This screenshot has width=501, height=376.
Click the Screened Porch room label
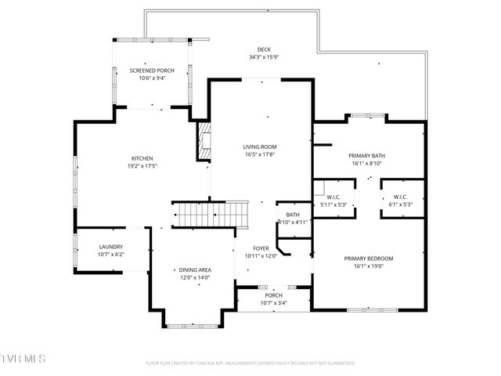[x=152, y=70]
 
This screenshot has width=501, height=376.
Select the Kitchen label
[x=141, y=158]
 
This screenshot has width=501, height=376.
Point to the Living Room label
[x=260, y=146]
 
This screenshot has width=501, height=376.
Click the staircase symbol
[x=205, y=213]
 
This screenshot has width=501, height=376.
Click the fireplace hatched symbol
[x=204, y=141]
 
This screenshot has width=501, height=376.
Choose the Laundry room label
[x=110, y=247]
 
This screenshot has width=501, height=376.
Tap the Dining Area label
[x=195, y=269]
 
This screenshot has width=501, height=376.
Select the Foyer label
[x=261, y=248]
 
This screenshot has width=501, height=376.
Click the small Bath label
[x=293, y=215]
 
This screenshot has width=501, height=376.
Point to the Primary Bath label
[x=366, y=155]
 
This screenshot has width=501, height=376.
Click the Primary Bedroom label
[x=368, y=258]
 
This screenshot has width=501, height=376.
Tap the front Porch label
[x=272, y=295]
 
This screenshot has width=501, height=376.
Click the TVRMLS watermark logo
[x=23, y=359]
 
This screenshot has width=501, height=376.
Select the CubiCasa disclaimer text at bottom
[x=250, y=363]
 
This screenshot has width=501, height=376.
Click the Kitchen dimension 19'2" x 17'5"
[x=141, y=166]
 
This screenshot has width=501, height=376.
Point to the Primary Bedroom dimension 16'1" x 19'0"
[x=368, y=266]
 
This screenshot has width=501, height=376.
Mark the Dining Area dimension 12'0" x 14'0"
[x=195, y=277]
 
